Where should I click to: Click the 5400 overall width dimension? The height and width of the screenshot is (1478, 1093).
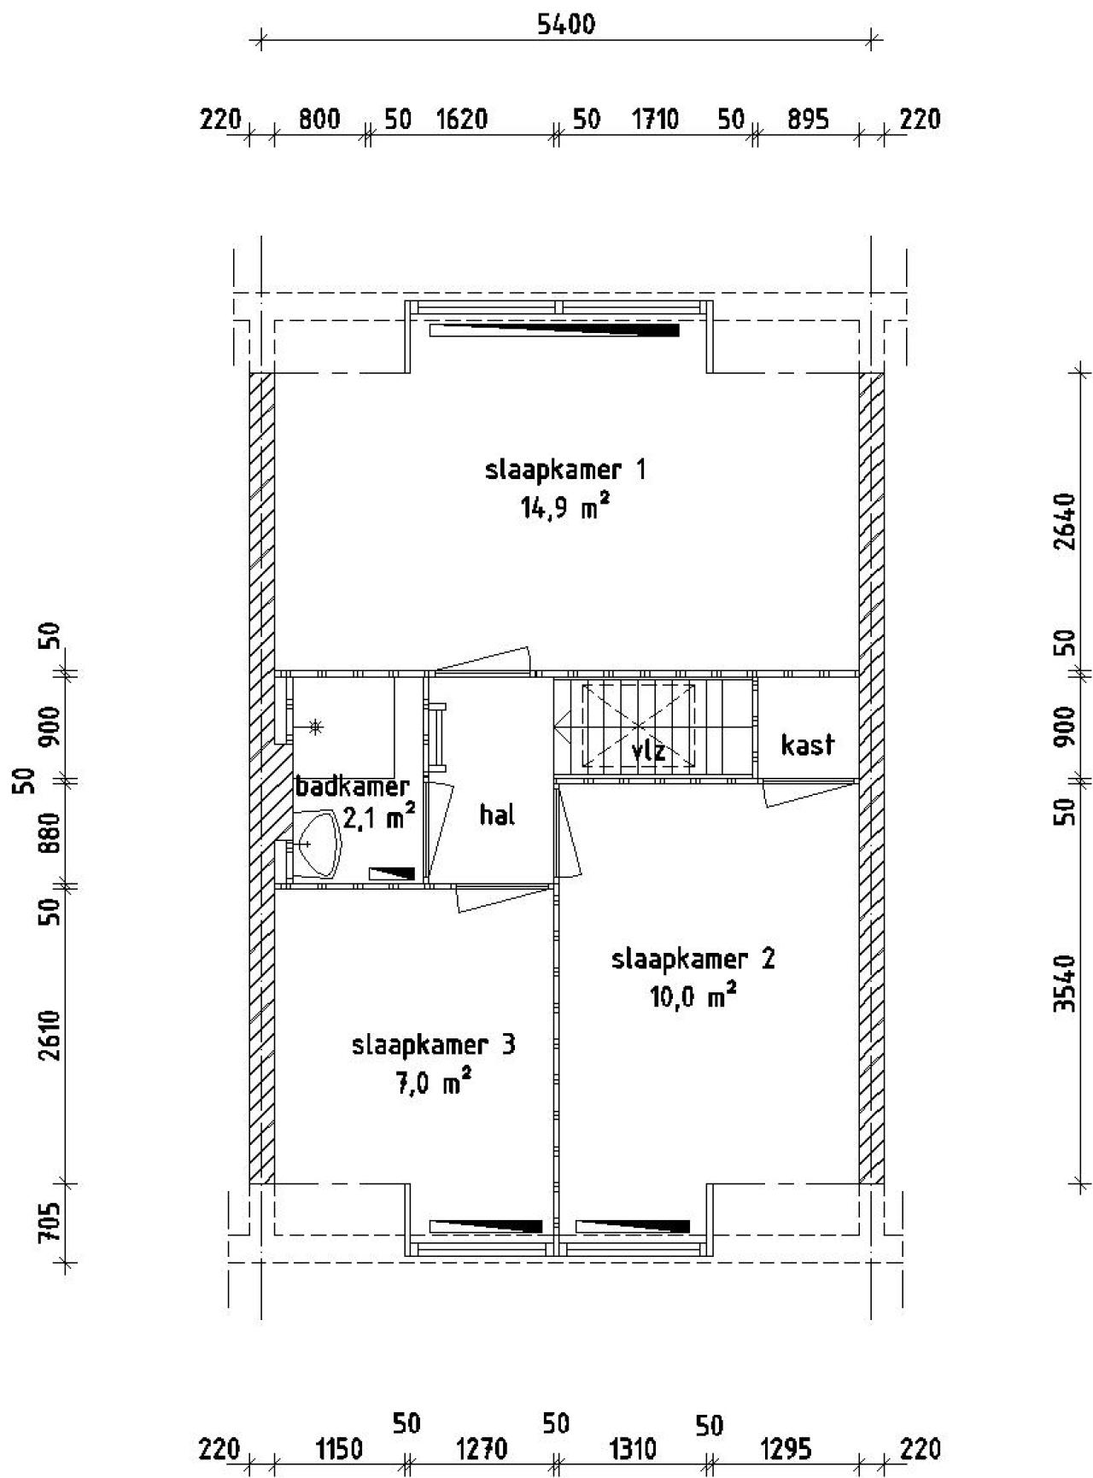click(x=565, y=24)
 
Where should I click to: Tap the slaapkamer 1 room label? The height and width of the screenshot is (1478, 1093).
click(x=565, y=470)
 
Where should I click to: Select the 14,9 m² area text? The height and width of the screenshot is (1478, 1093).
click(x=565, y=509)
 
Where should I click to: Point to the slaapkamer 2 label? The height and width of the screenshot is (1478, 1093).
click(x=693, y=959)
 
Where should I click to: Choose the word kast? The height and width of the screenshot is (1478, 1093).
click(x=807, y=745)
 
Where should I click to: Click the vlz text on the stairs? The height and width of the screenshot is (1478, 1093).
click(x=648, y=751)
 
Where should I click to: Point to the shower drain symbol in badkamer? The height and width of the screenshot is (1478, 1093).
click(x=316, y=727)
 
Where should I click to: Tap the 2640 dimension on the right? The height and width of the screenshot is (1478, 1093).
click(x=1064, y=522)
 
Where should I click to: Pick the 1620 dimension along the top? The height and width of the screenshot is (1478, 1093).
click(x=461, y=119)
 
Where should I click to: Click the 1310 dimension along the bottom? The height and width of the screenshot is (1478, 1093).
click(x=633, y=1449)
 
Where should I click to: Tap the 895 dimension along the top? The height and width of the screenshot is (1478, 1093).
click(x=807, y=119)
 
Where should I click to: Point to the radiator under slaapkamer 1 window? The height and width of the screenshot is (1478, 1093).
click(x=555, y=330)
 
